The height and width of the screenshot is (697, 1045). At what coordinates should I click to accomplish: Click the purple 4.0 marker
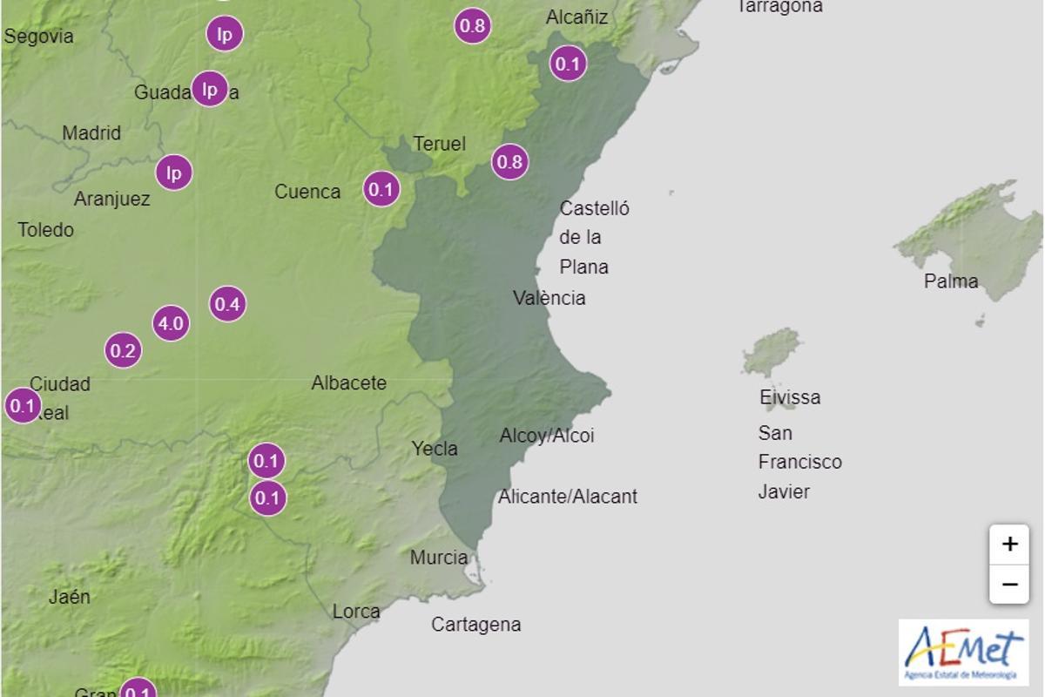point(171,324)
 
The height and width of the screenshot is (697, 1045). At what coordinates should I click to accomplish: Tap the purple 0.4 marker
point(227,304)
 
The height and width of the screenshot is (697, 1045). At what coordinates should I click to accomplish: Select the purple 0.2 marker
point(124,351)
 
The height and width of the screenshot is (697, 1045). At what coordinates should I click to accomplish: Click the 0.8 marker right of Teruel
point(509,162)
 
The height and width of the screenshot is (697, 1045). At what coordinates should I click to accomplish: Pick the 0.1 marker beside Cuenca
point(381,189)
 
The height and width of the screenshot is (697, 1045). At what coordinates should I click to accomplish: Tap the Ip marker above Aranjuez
point(174,173)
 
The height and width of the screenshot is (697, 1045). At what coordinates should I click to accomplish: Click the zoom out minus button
point(1009,584)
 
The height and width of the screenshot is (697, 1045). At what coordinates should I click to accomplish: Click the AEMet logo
point(963,652)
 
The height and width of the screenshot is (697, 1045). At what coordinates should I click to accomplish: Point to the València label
point(549,298)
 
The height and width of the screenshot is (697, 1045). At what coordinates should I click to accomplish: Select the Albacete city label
point(349,382)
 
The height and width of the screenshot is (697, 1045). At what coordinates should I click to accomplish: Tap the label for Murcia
point(439,558)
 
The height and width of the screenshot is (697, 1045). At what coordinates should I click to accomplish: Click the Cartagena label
point(476,625)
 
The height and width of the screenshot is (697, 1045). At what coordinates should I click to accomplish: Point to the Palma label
point(951,281)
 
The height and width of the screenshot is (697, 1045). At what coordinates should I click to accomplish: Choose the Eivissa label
point(790,397)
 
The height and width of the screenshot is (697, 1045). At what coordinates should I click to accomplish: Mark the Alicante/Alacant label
point(568,497)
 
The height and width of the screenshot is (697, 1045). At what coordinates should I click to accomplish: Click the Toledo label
point(46,230)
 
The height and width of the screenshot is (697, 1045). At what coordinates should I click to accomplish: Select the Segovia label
point(39,37)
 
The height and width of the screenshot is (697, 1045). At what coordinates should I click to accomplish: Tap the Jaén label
point(70,597)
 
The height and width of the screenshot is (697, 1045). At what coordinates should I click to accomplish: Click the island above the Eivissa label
point(772,351)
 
